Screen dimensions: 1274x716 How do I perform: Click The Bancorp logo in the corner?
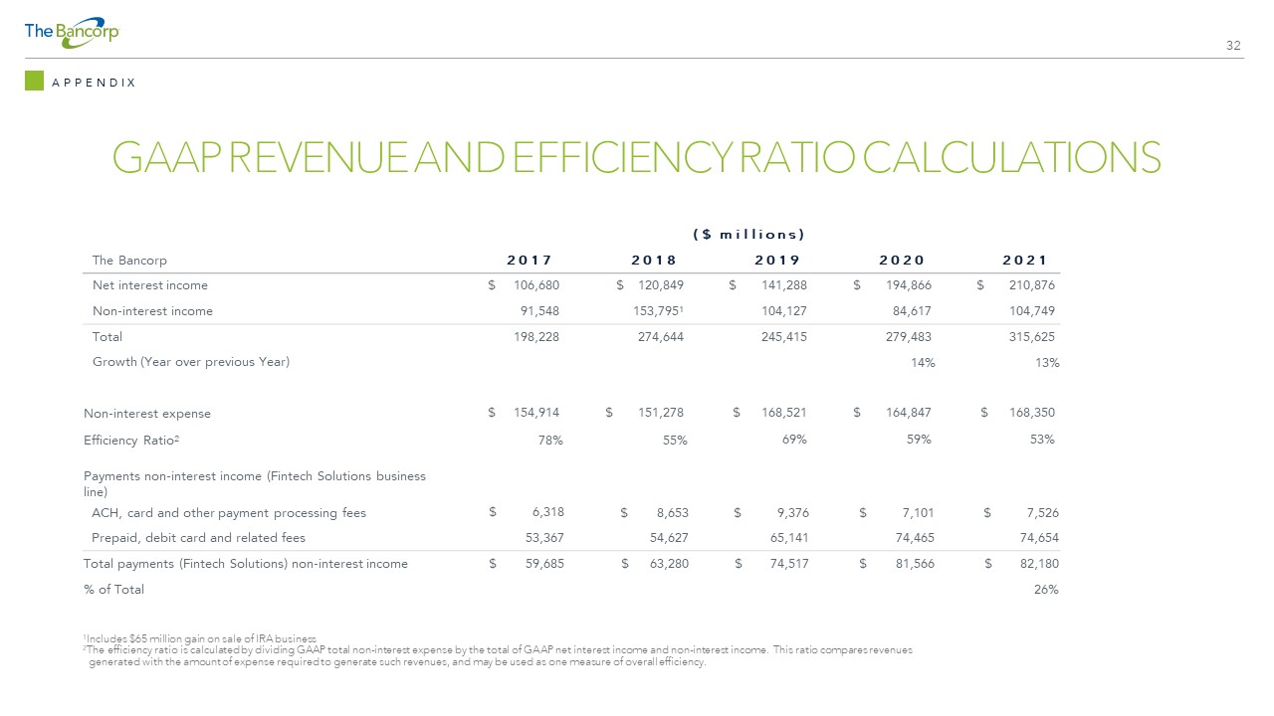click(x=72, y=33)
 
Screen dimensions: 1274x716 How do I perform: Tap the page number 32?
click(x=1233, y=46)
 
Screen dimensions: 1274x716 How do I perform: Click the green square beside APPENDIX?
click(x=34, y=81)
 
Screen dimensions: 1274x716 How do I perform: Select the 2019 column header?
click(x=777, y=261)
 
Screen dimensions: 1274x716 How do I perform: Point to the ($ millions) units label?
click(x=748, y=234)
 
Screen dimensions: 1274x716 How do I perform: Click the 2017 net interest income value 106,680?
click(x=536, y=285)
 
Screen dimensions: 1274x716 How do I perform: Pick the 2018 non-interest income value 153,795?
click(x=658, y=311)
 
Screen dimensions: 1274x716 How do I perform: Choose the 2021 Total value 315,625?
click(x=1032, y=336)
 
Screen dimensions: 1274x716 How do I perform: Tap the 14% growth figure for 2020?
click(x=923, y=363)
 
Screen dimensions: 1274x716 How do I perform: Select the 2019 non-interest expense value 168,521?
click(x=783, y=413)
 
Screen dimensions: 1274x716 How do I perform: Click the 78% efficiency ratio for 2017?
click(x=550, y=441)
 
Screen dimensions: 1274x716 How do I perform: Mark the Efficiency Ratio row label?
click(x=131, y=441)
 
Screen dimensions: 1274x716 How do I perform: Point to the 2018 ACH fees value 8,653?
click(x=672, y=513)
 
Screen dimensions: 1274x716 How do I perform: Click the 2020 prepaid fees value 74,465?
click(x=915, y=538)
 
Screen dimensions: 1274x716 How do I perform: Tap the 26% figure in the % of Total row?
click(x=1046, y=590)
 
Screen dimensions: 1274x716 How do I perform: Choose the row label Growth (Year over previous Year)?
click(x=191, y=362)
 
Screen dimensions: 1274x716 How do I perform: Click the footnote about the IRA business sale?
click(x=200, y=638)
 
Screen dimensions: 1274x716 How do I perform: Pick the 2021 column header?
click(x=1024, y=261)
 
